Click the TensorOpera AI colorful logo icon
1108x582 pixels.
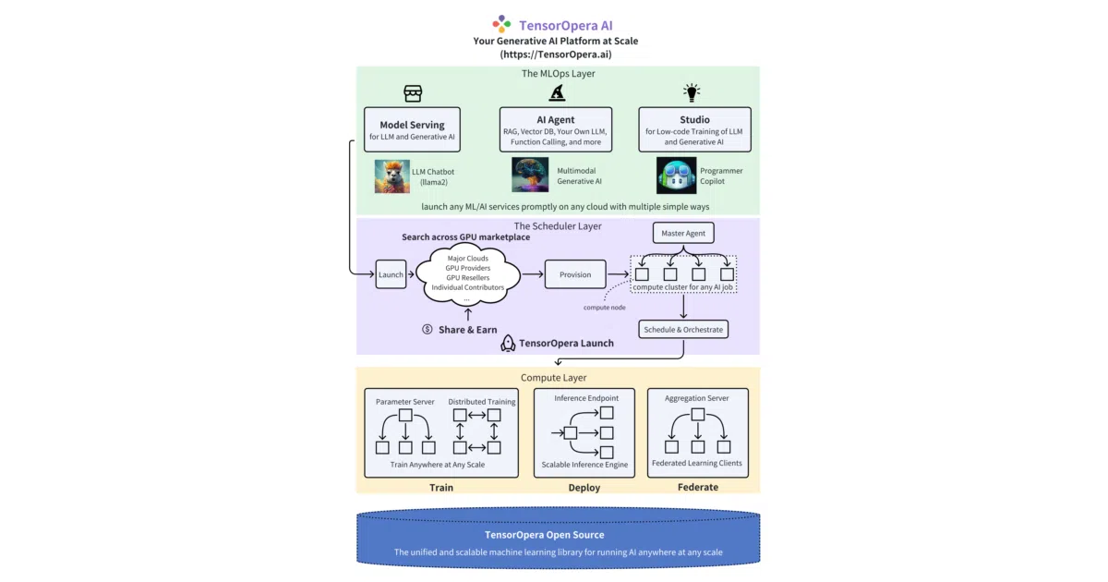(x=501, y=24)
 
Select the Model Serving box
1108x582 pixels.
(x=412, y=129)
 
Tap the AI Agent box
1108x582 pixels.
(x=556, y=129)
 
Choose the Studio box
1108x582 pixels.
(x=694, y=129)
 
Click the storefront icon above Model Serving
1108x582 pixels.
(x=413, y=93)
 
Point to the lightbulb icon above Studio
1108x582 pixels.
(x=692, y=92)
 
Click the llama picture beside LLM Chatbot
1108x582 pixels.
(x=391, y=176)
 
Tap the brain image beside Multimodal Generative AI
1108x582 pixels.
(x=530, y=175)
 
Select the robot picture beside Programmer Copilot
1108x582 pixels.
(x=676, y=176)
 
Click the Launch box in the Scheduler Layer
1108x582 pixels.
(x=391, y=274)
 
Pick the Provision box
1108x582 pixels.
(x=575, y=274)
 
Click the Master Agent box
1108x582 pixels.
(x=683, y=233)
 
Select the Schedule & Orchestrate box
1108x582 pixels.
(x=683, y=330)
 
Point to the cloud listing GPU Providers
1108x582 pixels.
(x=468, y=275)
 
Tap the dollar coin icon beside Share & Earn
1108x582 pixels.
(x=428, y=329)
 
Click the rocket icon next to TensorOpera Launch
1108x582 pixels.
(x=508, y=343)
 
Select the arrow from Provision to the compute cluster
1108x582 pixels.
(x=619, y=273)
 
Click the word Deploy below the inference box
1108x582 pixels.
(x=584, y=488)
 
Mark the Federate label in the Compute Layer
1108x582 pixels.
(x=698, y=487)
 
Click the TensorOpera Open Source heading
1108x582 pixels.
(x=545, y=535)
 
